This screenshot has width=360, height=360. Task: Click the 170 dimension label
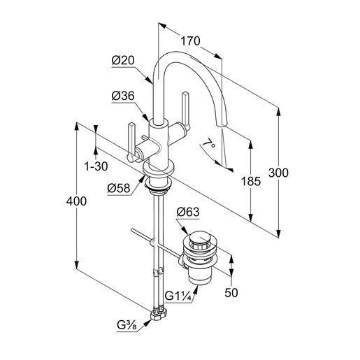coord(190,41)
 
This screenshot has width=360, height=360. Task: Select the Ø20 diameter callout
coord(123,61)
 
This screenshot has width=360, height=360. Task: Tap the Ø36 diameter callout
coord(123,96)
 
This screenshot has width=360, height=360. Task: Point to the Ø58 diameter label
coord(119,188)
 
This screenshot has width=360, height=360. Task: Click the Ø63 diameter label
coord(188,212)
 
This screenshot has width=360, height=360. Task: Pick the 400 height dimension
coord(76,201)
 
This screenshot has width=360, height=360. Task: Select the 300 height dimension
coord(278,173)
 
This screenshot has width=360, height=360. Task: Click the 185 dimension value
coord(251,181)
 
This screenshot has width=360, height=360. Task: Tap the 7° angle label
coord(209,143)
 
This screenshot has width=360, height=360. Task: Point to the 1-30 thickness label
coord(96,166)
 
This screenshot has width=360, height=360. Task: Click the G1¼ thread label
coord(178,296)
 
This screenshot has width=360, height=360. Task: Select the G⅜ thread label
coord(127,325)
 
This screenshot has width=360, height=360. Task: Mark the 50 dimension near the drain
coord(231,293)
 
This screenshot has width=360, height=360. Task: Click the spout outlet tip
coord(221,125)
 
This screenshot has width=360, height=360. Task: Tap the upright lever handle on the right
coord(186,110)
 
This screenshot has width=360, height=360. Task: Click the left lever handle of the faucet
coord(131,142)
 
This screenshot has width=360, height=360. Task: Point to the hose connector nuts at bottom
coord(159,314)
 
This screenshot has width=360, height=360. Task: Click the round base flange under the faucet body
coord(158,168)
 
